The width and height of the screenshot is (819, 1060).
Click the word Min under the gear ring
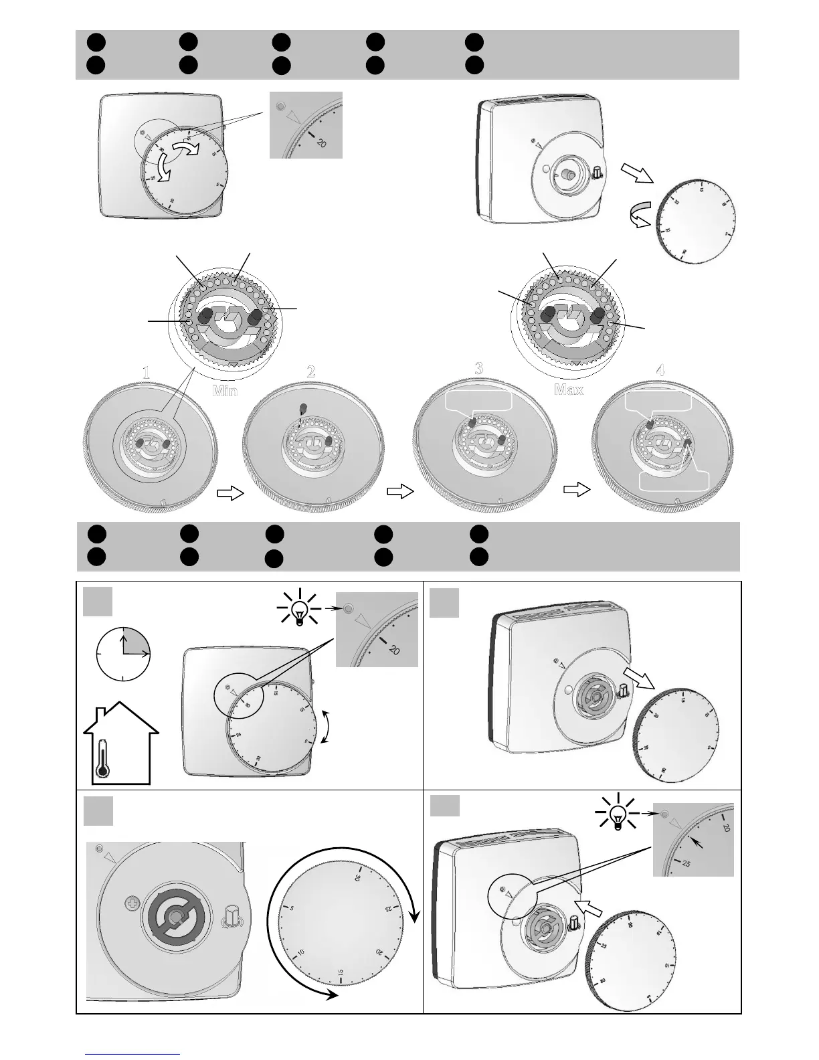pyautogui.click(x=225, y=390)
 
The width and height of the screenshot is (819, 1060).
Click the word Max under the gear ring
pyautogui.click(x=569, y=389)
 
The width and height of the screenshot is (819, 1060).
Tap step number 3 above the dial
pyautogui.click(x=479, y=367)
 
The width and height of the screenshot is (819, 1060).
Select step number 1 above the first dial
pyautogui.click(x=147, y=373)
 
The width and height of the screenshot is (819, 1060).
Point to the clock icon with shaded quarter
pyautogui.click(x=124, y=653)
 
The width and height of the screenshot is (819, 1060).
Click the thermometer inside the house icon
pyautogui.click(x=102, y=758)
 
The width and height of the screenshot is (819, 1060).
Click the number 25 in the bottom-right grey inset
pyautogui.click(x=686, y=863)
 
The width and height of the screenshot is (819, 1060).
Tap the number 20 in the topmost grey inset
pyautogui.click(x=321, y=143)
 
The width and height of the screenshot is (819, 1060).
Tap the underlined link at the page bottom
pyautogui.click(x=132, y=1054)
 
